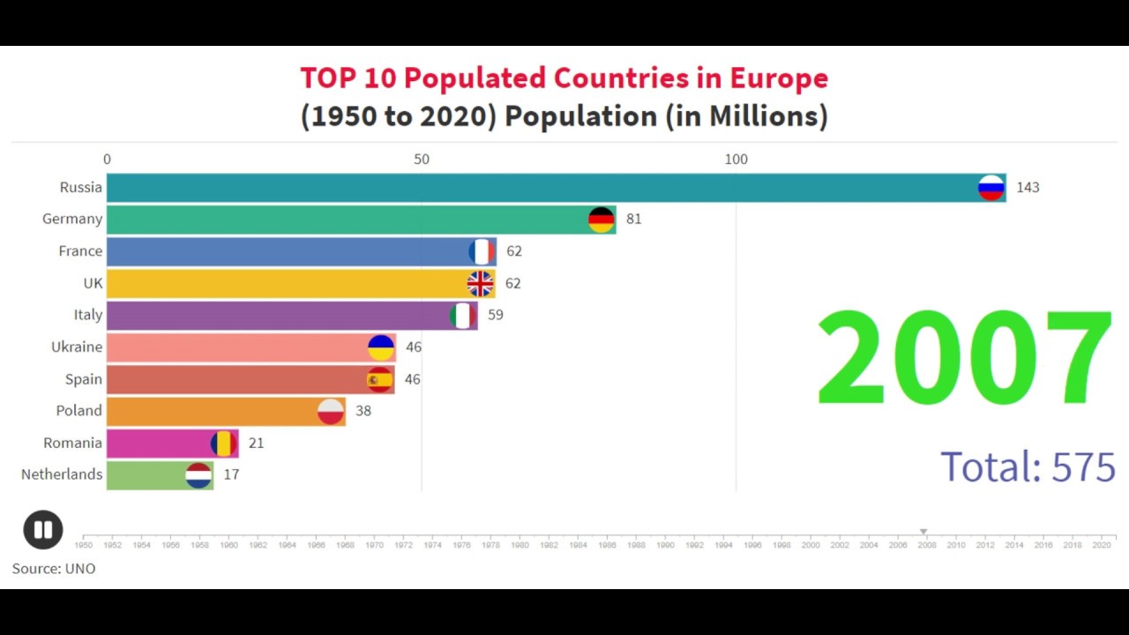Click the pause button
click(42, 530)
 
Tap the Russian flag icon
click(991, 188)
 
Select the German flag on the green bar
click(602, 220)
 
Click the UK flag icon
click(480, 284)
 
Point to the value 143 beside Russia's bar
click(1028, 188)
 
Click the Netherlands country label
click(62, 474)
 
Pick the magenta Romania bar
click(159, 443)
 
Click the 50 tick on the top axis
click(422, 160)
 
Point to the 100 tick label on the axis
click(736, 160)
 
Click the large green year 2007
click(964, 357)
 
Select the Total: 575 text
click(1028, 467)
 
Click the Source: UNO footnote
click(54, 569)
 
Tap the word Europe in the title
click(779, 78)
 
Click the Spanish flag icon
click(380, 379)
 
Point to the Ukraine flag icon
click(381, 347)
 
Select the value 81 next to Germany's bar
click(633, 220)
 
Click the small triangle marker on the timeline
click(923, 532)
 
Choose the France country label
click(80, 251)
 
